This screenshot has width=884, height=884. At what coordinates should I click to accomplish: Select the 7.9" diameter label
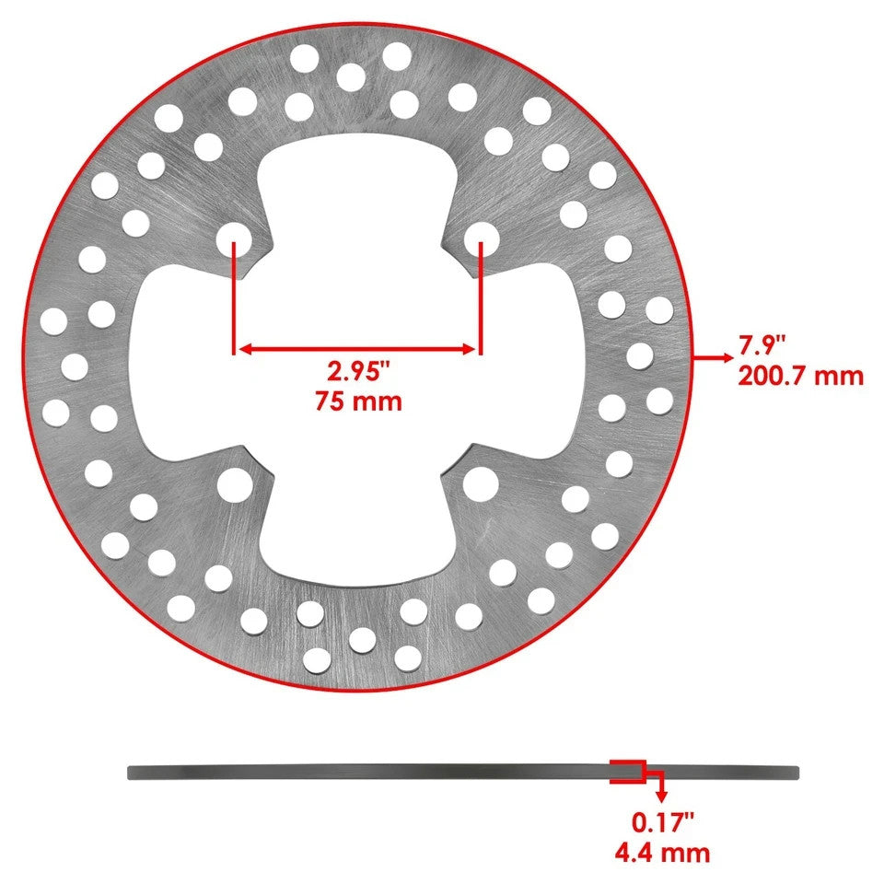(763, 347)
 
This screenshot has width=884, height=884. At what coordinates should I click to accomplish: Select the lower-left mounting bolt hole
(234, 482)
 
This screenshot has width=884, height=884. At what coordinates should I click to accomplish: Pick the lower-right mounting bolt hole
(480, 482)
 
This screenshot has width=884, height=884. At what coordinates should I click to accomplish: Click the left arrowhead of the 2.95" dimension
(241, 349)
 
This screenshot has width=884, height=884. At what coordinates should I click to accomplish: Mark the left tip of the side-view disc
(131, 773)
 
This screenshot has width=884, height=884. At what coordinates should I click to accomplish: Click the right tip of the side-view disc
(797, 772)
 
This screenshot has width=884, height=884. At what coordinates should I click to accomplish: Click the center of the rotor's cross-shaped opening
(356, 364)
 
